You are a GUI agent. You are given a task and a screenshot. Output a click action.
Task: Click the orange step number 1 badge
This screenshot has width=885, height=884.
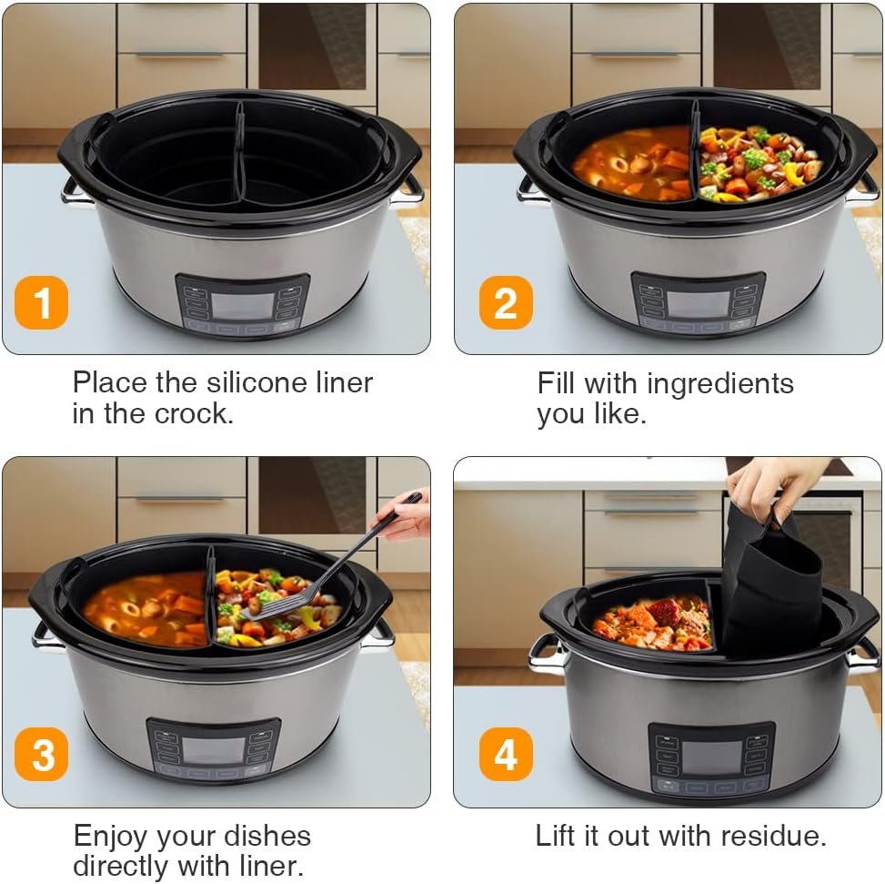[x=41, y=303]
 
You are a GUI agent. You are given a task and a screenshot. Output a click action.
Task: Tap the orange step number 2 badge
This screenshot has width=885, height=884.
[x=505, y=303]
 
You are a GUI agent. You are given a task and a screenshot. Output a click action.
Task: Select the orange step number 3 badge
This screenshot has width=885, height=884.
[x=41, y=757]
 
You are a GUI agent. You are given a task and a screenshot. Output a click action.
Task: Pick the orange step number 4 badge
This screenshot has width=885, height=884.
[x=505, y=757]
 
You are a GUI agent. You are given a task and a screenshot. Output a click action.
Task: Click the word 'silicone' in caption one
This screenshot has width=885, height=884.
[x=268, y=382]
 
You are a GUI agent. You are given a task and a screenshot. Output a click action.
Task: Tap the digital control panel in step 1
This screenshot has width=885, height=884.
[x=242, y=305]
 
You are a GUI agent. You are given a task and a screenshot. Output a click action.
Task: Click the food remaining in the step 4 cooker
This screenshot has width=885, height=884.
[x=653, y=624]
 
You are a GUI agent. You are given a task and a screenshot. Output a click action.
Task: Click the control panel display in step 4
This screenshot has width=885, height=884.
[x=711, y=757]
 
